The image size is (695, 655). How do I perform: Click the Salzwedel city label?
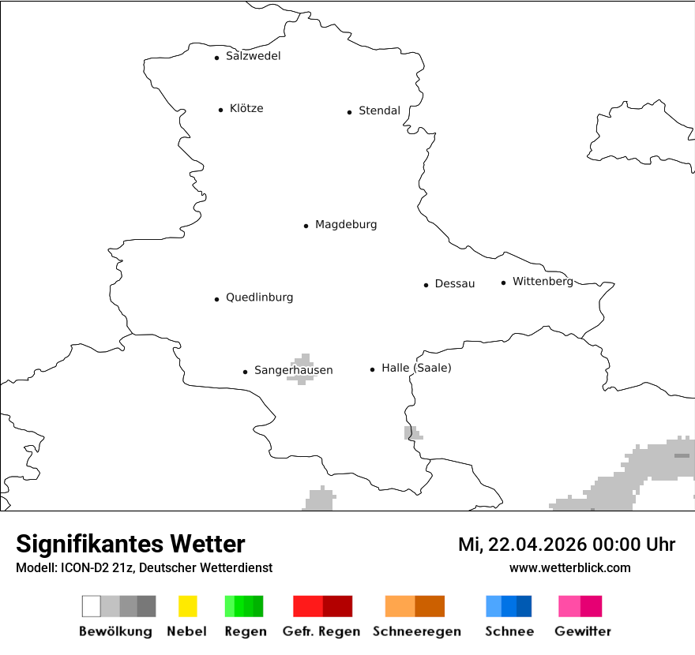coord(253,56)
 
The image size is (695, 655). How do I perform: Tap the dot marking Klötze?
coord(220,110)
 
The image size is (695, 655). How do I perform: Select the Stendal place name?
coord(379,110)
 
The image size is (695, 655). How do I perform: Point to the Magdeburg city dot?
coord(306,226)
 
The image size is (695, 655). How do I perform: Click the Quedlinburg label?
coord(259,298)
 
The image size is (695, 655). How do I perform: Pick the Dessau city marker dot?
coord(426,285)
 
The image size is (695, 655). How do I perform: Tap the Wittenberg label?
coord(543,282)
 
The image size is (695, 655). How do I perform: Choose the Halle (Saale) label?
coord(416,368)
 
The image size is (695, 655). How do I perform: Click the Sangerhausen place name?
coord(293,370)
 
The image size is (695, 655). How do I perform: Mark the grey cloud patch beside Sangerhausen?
coord(301,368)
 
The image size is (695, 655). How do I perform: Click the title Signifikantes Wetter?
coord(130,544)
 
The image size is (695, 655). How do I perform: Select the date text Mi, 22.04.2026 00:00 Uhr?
coord(566,545)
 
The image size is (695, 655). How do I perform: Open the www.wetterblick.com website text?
coord(569,567)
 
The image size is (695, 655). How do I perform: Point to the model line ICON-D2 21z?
coord(144,567)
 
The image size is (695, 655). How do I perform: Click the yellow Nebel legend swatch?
coord(187,606)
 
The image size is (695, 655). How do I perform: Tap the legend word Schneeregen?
coord(417,631)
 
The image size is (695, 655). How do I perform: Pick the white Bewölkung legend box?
coord(91,606)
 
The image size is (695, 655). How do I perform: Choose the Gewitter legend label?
coord(583,631)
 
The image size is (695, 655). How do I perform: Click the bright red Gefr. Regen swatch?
coord(308,606)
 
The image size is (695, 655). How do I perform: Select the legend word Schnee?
coord(509,631)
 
